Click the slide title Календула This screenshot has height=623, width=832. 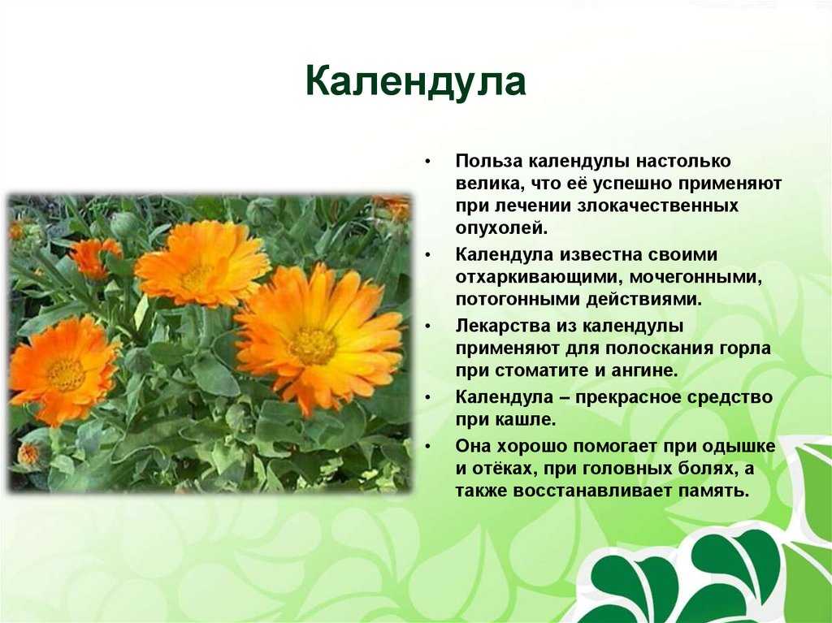[x=415, y=81]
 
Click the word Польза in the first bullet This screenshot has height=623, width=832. [x=488, y=161]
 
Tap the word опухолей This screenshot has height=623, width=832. [x=500, y=228]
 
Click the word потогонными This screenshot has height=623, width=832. [x=517, y=299]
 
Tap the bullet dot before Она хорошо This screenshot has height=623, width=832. [x=428, y=447]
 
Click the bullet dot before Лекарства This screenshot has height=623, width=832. [x=428, y=327]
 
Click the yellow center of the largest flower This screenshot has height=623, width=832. [x=313, y=345]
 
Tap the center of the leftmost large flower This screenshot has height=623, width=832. [x=66, y=374]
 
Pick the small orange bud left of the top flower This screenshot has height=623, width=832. [x=94, y=258]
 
